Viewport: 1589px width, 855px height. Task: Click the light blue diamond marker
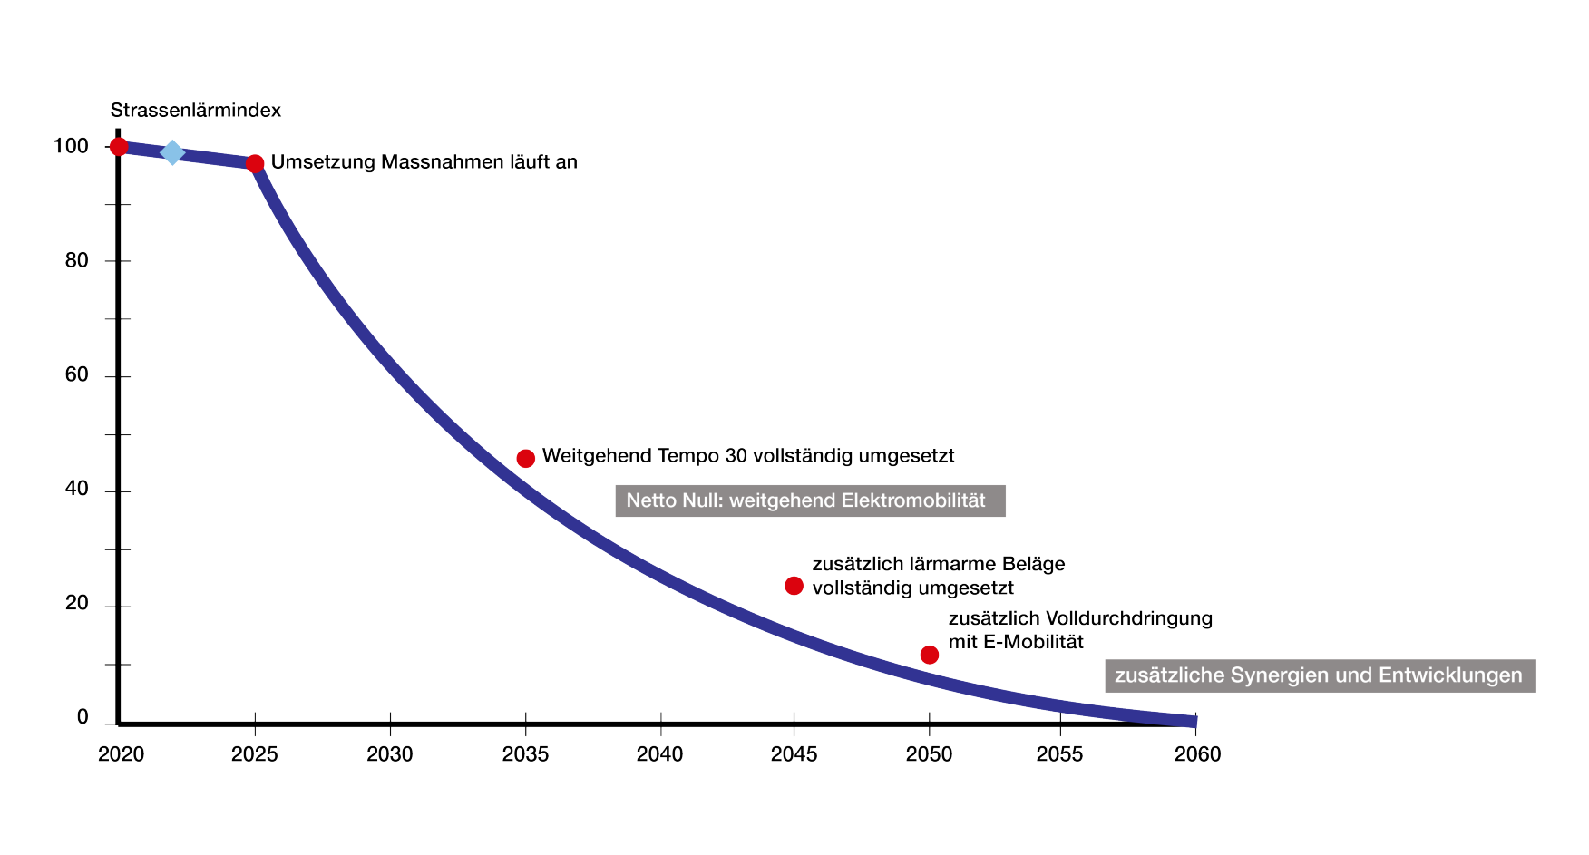coord(172,152)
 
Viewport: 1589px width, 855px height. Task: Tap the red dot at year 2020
coord(119,147)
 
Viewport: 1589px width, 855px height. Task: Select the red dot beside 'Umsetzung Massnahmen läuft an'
coord(256,164)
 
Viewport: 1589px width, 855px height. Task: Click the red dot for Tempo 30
coord(525,459)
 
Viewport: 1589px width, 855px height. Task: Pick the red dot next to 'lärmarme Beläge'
coord(794,586)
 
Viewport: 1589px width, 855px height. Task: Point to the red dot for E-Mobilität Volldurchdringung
coord(929,655)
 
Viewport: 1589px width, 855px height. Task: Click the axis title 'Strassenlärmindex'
coord(196,111)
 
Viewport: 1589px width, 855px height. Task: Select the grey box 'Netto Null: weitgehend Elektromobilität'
coord(810,500)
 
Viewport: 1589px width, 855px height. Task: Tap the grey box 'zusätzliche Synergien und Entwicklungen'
coord(1320,675)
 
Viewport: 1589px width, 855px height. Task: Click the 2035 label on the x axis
coord(525,754)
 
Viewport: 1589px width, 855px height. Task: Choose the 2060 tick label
coord(1197,754)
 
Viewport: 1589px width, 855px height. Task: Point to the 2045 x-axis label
coord(794,754)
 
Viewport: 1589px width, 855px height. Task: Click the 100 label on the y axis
coord(71,146)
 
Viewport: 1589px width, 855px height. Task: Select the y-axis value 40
coord(77,490)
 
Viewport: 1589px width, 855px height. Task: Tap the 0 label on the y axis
coord(83,718)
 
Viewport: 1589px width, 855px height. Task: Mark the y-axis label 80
coord(77,261)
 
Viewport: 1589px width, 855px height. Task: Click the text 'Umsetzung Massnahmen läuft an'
coord(424,162)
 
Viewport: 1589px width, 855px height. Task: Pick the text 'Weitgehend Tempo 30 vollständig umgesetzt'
coord(748,456)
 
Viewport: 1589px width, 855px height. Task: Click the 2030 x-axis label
coord(390,754)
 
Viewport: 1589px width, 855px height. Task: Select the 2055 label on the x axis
coord(1059,754)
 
